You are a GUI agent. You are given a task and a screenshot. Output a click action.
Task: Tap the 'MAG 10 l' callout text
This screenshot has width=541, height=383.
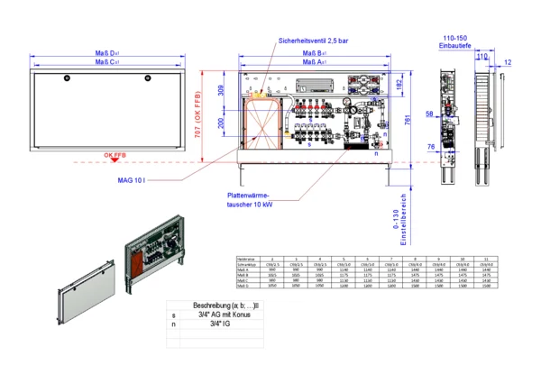132,180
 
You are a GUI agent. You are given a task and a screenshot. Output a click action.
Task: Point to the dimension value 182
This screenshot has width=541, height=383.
398,85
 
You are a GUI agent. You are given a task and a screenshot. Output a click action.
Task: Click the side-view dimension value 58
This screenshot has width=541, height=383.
429,114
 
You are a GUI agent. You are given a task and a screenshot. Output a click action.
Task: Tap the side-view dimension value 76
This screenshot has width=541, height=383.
431,146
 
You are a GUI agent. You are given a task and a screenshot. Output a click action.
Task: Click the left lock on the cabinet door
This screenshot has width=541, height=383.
66,80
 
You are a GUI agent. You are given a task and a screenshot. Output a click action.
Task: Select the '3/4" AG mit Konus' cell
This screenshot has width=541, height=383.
219,315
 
